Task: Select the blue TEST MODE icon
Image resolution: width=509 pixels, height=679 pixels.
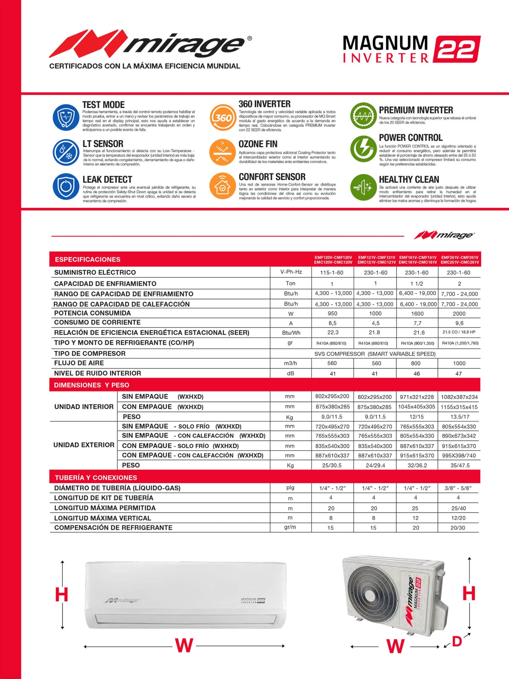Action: click(66, 117)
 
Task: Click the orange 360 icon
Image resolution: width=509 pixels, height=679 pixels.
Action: click(223, 117)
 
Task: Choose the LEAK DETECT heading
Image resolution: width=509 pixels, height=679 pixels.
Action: click(107, 180)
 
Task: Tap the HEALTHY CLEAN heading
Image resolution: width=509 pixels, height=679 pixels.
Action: click(409, 179)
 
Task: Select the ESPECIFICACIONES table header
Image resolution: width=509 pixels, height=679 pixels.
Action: click(87, 260)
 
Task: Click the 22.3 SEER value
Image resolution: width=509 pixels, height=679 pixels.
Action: click(333, 333)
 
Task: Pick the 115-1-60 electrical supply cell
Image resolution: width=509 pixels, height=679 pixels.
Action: click(332, 273)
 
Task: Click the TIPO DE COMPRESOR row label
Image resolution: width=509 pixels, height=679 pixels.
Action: click(90, 353)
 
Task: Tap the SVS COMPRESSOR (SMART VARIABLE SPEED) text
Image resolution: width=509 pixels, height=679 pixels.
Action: click(375, 354)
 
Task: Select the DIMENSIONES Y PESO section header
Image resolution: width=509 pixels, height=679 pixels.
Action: click(92, 385)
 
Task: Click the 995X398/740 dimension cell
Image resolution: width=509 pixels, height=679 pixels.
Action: click(459, 456)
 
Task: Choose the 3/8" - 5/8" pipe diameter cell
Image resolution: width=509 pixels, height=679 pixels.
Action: click(458, 488)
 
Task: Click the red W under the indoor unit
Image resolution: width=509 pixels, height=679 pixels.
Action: click(184, 646)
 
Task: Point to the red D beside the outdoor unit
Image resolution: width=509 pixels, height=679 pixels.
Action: click(457, 641)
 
